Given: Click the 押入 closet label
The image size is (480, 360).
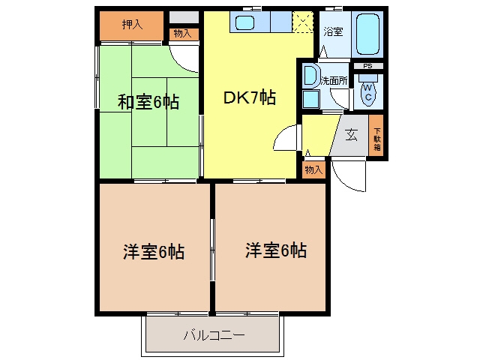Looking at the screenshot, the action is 132,25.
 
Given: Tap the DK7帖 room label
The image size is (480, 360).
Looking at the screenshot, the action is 250,97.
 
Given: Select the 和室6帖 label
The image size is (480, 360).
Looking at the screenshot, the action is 148,102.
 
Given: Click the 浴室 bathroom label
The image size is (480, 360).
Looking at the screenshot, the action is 333,31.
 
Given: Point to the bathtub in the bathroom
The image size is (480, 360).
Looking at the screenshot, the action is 367,34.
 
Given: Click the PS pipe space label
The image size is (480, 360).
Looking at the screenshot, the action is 367,66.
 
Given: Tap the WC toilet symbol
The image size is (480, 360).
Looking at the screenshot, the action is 368,92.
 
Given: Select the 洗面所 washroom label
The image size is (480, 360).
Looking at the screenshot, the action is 334,80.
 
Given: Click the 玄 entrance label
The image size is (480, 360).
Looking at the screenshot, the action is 351,134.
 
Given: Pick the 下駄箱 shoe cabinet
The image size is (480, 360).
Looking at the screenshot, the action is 376,135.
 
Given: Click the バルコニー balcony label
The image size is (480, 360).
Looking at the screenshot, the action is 214,335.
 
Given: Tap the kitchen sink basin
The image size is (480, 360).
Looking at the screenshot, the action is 244,22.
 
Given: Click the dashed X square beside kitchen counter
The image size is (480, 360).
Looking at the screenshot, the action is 303,22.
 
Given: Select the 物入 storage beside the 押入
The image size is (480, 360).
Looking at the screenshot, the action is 182,33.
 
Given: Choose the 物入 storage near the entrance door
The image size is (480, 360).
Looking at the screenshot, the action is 313,169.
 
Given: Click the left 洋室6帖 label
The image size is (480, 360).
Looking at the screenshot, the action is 154,252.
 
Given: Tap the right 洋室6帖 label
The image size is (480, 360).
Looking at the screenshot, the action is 276,250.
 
